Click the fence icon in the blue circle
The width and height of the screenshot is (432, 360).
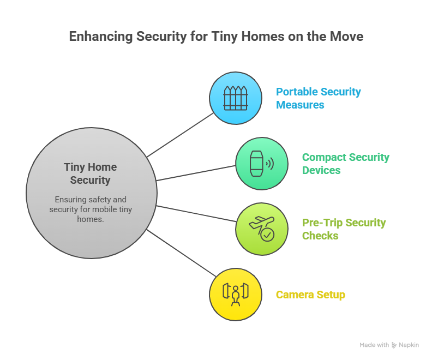point(236,98)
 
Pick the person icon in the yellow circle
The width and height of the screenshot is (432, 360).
point(236,295)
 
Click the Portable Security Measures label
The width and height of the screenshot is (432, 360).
point(319,98)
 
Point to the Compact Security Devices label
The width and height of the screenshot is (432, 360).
point(345,164)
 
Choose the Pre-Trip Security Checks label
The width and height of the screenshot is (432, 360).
point(344,229)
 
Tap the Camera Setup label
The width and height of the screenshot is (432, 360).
point(310,295)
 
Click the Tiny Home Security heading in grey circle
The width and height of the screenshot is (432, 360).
point(91,173)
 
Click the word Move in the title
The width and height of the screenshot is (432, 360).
point(346,37)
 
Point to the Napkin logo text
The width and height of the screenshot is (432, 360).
point(409,345)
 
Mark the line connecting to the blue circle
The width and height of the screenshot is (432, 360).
point(180,134)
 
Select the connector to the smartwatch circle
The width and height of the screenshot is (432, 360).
point(196,172)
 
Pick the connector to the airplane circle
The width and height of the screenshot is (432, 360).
point(196,213)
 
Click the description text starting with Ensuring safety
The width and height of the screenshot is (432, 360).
point(91,209)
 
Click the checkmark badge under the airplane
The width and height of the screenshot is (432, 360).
point(267,235)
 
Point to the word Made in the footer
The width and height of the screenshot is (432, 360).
point(367,345)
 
